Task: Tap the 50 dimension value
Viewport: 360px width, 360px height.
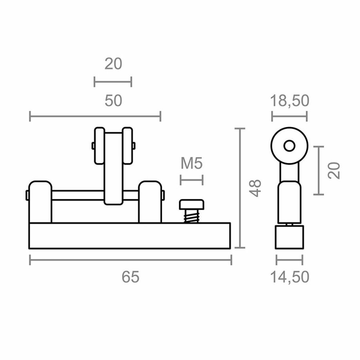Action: pos(113,101)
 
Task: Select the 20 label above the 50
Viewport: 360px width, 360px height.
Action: pos(113,64)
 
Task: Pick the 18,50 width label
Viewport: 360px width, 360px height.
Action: pos(290,101)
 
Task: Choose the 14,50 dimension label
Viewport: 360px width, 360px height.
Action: pos(290,277)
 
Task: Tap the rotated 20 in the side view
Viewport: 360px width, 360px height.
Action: pos(334,170)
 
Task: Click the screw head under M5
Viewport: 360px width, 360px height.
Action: pos(192,206)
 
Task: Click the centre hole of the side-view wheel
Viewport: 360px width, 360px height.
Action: pos(289,146)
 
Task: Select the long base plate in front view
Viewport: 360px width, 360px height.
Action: pos(130,236)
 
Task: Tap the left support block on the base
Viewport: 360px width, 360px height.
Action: pos(40,202)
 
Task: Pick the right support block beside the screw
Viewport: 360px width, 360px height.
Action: pos(149,202)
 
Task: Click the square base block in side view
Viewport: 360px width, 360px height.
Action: pos(290,237)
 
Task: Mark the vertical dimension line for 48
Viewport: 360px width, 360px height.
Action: pos(240,188)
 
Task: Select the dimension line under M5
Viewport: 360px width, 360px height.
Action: pos(192,180)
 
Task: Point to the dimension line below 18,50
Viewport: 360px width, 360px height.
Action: pos(290,116)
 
